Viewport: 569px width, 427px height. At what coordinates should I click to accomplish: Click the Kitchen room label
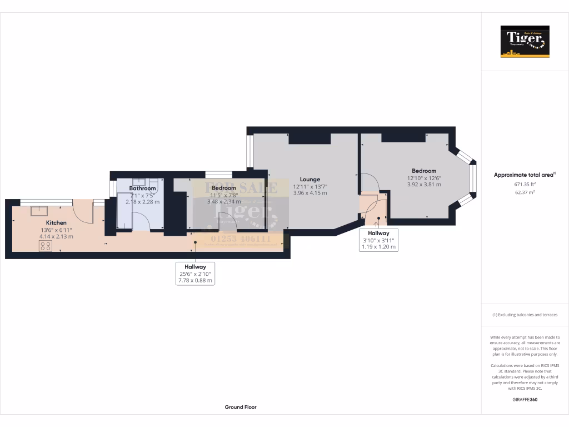click(x=56, y=222)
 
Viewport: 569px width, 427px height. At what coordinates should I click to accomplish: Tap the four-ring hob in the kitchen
click(x=46, y=246)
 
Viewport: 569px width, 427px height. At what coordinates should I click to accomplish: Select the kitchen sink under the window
click(x=39, y=210)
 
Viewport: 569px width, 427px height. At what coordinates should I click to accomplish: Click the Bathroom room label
click(x=142, y=188)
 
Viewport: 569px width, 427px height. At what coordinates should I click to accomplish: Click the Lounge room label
click(x=310, y=180)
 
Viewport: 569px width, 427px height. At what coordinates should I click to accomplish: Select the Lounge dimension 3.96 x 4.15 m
click(x=310, y=193)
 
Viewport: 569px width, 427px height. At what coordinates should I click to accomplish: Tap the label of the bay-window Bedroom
click(x=423, y=171)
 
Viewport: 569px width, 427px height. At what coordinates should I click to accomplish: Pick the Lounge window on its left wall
click(x=250, y=151)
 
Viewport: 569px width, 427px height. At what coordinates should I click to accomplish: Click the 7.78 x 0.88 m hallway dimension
click(x=193, y=281)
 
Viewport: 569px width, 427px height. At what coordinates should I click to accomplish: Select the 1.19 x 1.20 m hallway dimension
click(x=378, y=247)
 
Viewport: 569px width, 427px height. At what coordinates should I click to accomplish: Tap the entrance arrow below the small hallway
click(x=378, y=224)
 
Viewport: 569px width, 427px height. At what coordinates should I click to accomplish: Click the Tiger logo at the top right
click(x=525, y=42)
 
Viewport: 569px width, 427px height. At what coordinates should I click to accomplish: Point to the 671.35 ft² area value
click(x=525, y=183)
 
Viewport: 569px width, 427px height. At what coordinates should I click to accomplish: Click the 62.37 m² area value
click(x=525, y=192)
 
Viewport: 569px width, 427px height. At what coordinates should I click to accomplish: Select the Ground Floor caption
click(x=240, y=407)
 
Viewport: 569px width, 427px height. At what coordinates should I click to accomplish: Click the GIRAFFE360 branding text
click(x=525, y=399)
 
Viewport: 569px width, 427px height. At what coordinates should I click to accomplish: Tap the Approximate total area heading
click(x=524, y=175)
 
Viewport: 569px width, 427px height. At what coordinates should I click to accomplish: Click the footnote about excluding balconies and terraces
click(x=525, y=315)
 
